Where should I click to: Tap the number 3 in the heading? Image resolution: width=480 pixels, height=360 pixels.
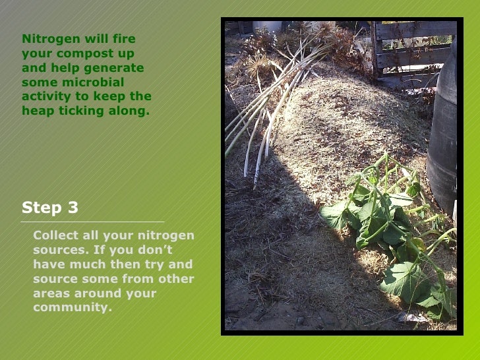(x=73, y=208)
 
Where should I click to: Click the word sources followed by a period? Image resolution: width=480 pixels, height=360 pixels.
(x=59, y=250)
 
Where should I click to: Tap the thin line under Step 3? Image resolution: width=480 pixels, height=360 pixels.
(x=92, y=222)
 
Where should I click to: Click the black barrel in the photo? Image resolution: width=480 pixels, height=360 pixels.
(x=443, y=132)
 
